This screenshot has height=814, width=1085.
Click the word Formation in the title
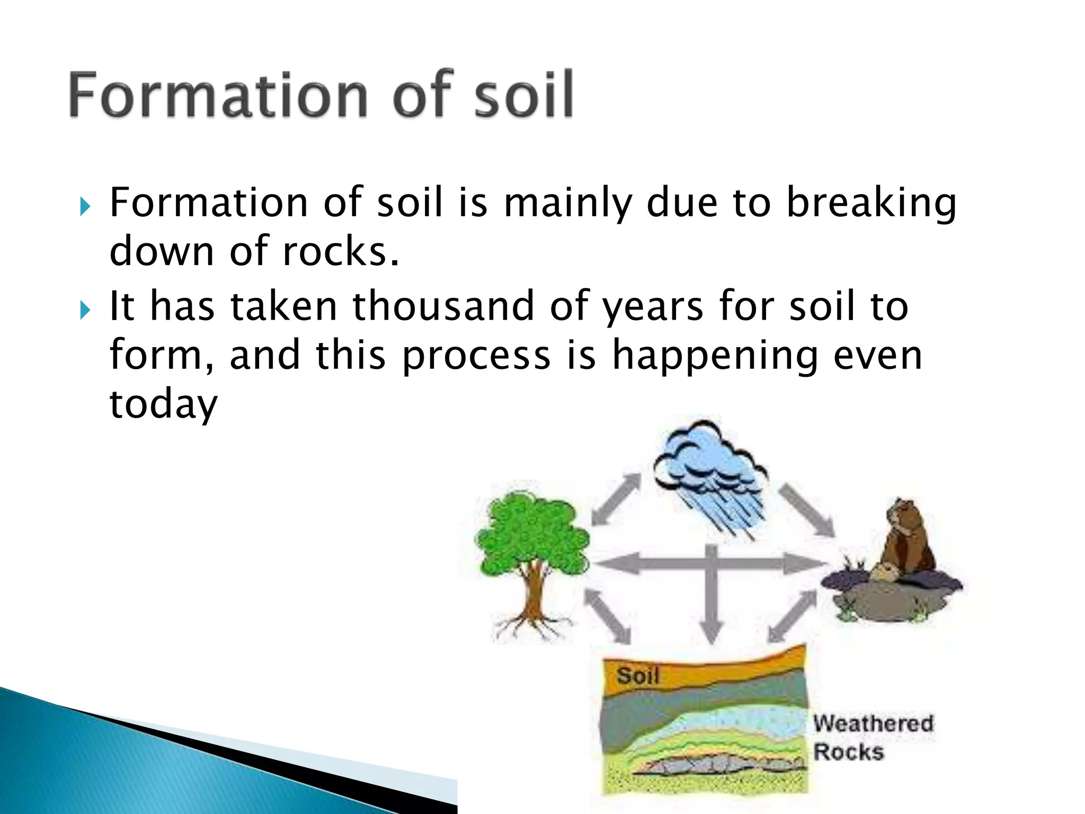[x=217, y=95]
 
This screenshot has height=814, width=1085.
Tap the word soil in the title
[x=523, y=95]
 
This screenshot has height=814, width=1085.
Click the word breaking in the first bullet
[x=871, y=203]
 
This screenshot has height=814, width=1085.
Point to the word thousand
[x=443, y=306]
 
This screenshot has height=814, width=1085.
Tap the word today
[x=163, y=404]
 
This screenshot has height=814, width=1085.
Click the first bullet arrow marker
[x=85, y=206]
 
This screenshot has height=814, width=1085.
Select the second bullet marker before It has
[x=85, y=309]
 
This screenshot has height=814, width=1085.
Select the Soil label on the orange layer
[x=637, y=676]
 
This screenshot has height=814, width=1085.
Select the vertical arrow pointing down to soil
[x=712, y=599]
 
